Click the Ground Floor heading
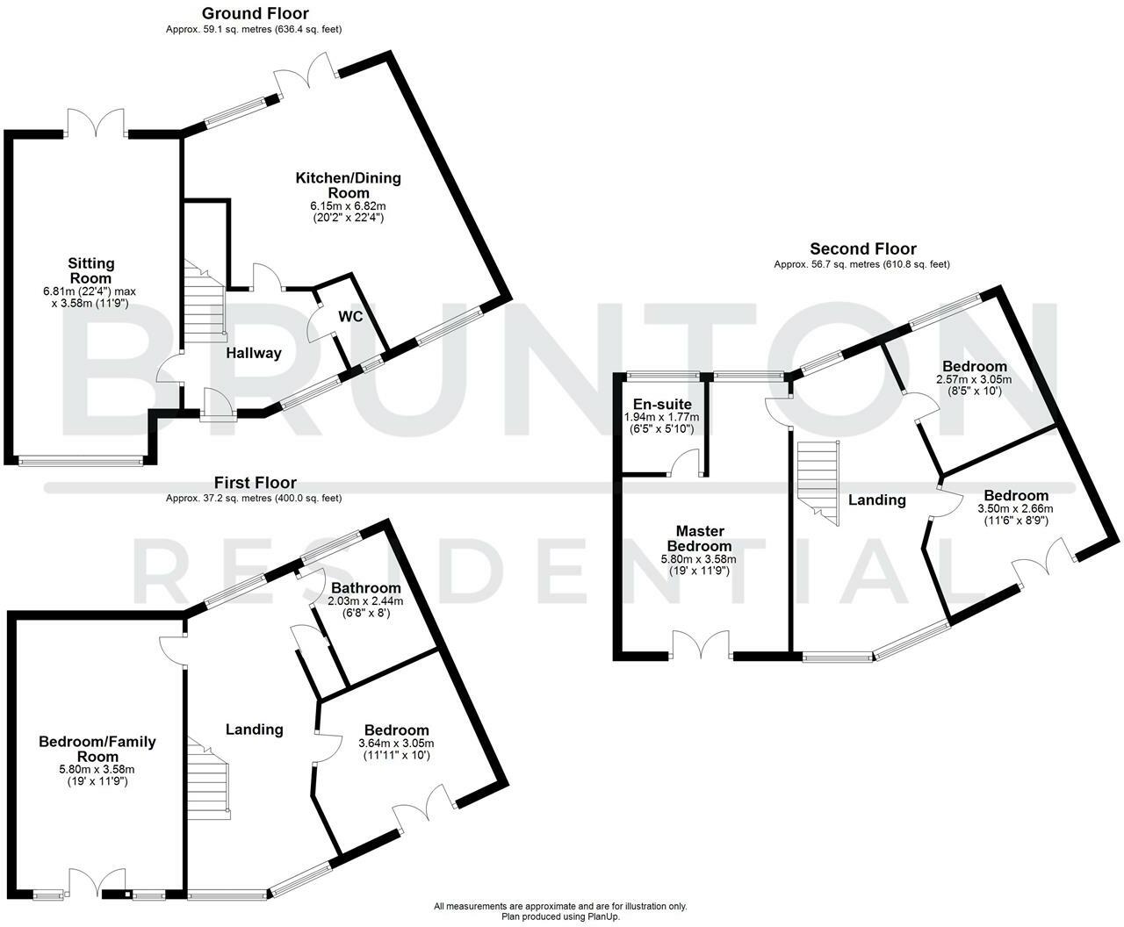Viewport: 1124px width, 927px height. coord(256,13)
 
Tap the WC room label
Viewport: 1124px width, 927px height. coord(350,317)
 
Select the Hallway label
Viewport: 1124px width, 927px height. coord(254,353)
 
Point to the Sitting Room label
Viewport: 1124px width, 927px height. coord(91,270)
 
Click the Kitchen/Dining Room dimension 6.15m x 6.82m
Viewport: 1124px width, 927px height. coord(348,206)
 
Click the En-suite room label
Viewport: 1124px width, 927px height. coord(662,404)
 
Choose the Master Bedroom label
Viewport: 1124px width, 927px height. coord(700,538)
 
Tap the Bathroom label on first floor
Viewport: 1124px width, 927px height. coord(365,587)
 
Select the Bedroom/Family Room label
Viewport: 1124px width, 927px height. coord(97,749)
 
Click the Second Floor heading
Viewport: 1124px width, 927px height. coord(863,248)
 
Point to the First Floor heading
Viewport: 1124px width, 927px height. coord(256,482)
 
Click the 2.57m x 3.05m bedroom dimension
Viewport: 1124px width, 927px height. coord(974,379)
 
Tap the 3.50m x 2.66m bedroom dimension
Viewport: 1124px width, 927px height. coord(1015,509)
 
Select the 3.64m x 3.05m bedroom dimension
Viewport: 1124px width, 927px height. coord(396,744)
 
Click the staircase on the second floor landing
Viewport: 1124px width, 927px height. coord(818,483)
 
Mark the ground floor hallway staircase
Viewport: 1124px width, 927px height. coord(205,301)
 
